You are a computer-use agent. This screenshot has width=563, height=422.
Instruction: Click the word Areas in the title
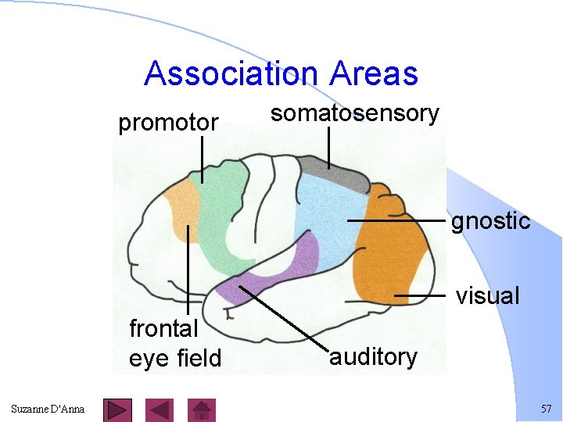(374, 74)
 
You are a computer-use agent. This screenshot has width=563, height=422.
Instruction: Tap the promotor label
(168, 123)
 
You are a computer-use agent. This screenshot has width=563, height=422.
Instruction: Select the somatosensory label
(355, 113)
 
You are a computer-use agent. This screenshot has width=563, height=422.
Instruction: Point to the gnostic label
(490, 221)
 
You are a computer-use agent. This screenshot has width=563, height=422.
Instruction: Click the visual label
(487, 295)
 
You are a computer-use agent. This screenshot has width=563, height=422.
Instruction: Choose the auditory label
(373, 357)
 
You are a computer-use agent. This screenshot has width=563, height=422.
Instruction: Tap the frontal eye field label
(175, 343)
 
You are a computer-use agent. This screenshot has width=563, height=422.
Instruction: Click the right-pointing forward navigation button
(117, 409)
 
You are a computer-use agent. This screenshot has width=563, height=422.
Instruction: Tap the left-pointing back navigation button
(160, 409)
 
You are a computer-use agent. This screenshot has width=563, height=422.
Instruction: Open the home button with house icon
(203, 409)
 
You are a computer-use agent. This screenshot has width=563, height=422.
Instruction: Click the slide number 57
(546, 409)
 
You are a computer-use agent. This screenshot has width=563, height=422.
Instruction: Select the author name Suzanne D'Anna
(48, 409)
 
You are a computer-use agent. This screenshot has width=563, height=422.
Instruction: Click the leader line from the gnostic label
(395, 221)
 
